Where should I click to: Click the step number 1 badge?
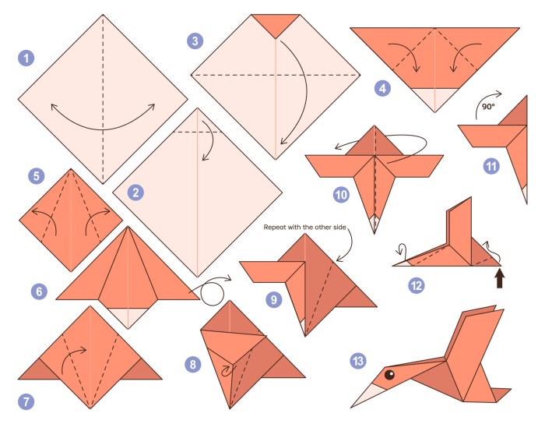point(27,58)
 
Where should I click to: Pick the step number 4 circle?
point(381,87)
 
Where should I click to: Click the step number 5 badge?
point(36,176)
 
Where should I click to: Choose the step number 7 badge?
point(27,402)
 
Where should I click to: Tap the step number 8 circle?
point(192,364)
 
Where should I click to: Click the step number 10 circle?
point(340,194)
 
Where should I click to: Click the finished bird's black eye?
point(389,376)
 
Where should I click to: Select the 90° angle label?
point(488,106)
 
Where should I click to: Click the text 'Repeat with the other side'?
point(304,229)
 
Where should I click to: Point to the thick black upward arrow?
point(499,277)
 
